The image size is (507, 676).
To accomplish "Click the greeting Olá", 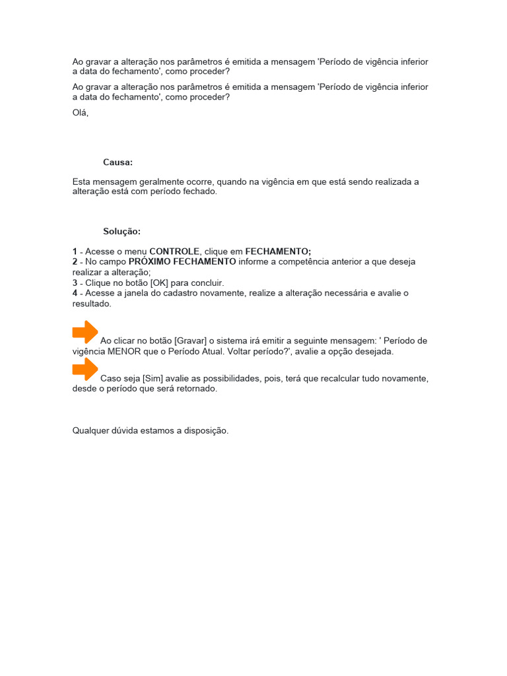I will [80, 113].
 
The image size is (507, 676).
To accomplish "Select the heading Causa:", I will [118, 162].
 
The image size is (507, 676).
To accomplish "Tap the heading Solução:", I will [121, 232].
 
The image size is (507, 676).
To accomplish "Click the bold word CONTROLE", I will [174, 252].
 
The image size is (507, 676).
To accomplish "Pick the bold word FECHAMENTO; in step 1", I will [278, 252].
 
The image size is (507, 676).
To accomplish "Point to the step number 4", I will [75, 293].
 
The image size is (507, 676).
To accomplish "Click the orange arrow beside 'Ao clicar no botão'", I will [85, 332].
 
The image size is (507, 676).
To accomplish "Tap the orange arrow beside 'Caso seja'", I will [85, 370].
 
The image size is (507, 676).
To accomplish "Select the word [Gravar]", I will [191, 341].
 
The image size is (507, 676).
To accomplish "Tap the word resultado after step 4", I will [91, 304].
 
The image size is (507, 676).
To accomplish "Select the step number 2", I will [75, 262].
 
